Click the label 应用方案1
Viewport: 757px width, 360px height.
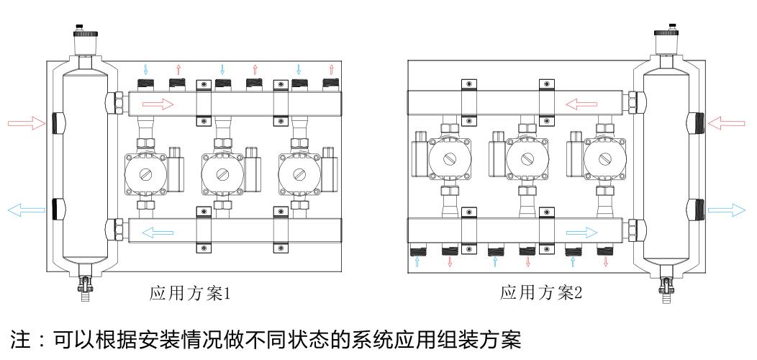(x=189, y=293)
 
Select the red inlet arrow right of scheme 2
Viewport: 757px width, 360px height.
(x=727, y=123)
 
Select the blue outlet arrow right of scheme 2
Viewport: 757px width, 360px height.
(x=726, y=210)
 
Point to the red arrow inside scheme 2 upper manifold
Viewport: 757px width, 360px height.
(x=581, y=105)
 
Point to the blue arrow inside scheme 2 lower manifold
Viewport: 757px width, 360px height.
(x=581, y=232)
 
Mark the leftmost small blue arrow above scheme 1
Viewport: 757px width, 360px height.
(x=146, y=70)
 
